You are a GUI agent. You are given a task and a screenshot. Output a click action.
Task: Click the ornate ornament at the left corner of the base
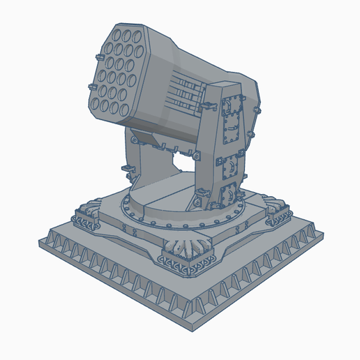87,215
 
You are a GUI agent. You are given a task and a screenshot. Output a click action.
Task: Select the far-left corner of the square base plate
40,241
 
